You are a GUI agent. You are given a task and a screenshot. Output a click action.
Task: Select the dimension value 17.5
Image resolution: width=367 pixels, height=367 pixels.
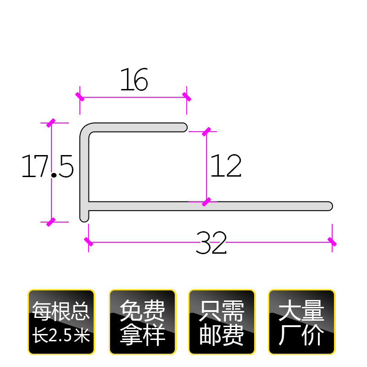tap(47, 167)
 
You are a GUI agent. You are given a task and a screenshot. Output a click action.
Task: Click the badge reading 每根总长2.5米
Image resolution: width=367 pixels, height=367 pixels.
tap(61, 322)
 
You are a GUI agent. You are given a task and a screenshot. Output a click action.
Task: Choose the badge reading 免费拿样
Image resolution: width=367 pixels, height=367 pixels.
tap(142, 322)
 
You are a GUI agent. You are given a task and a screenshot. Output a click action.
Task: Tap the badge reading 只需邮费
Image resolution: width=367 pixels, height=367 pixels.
tap(222, 322)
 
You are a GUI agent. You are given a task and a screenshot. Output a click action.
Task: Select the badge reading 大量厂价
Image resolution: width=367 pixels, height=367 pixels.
tap(302, 322)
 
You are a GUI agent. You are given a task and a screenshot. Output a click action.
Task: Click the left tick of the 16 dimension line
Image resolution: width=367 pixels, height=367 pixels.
tap(80, 97)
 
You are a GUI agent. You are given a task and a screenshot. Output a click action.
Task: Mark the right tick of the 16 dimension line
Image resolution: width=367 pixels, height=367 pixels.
tap(186, 97)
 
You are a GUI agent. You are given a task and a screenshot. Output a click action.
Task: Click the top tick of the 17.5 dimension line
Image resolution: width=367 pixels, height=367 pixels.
tap(51, 123)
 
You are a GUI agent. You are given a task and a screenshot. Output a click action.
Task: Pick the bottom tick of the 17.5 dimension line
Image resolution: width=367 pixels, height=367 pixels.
tap(51, 222)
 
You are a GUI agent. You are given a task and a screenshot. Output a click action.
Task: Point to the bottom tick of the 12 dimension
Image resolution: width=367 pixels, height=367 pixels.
tap(206, 201)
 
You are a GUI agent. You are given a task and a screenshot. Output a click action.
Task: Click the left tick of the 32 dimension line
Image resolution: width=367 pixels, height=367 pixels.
tap(89, 241)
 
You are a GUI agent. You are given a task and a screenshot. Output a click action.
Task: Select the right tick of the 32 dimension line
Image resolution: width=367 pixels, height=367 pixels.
tap(332, 241)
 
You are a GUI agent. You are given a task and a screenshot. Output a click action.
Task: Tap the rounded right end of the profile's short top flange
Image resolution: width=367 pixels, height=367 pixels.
tap(184, 127)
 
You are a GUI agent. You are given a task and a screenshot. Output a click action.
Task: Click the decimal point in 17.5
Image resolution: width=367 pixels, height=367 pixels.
tap(54, 175)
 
